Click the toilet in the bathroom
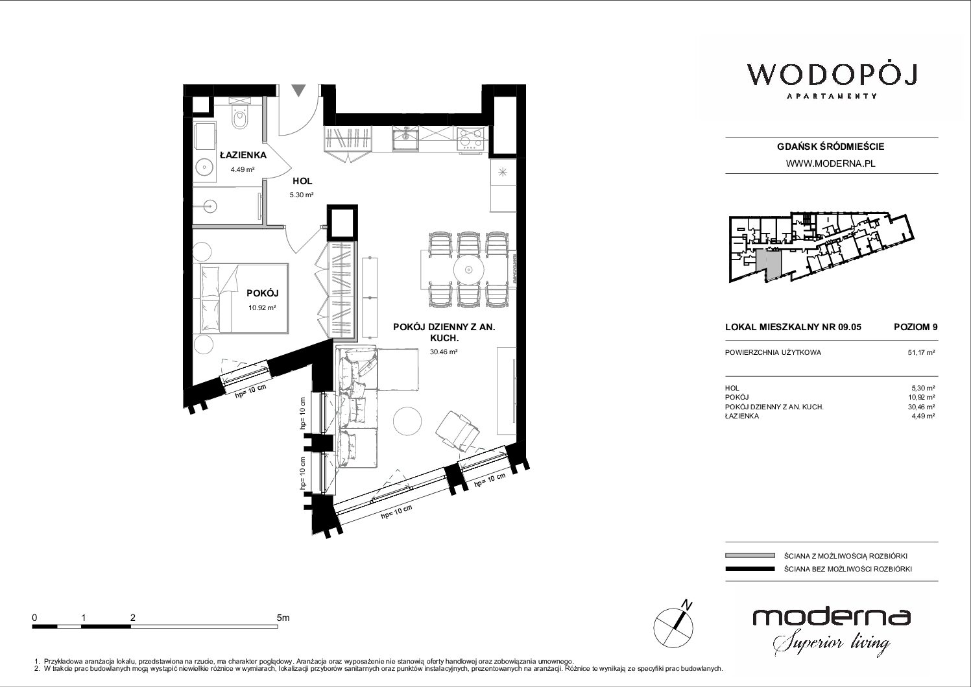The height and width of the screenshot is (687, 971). [x=240, y=114]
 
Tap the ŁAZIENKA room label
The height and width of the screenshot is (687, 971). [x=243, y=155]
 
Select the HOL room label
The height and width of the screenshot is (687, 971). [x=302, y=181]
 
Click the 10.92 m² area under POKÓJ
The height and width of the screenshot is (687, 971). [x=262, y=307]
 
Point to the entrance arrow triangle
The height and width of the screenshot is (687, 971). [x=298, y=91]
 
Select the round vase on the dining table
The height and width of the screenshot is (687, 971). [x=468, y=270]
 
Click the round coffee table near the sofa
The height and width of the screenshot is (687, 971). [x=407, y=420]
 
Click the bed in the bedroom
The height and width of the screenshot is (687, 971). [x=245, y=298]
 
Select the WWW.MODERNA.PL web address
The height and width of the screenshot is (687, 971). [x=830, y=163]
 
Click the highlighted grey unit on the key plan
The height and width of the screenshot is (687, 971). [x=768, y=265]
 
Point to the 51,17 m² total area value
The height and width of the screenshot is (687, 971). [x=921, y=352]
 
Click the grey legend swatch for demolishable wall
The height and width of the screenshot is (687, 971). [x=750, y=555]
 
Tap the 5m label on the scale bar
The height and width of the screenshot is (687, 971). [x=283, y=618]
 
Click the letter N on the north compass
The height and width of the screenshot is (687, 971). [x=686, y=604]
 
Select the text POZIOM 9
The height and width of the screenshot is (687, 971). [x=915, y=327]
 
